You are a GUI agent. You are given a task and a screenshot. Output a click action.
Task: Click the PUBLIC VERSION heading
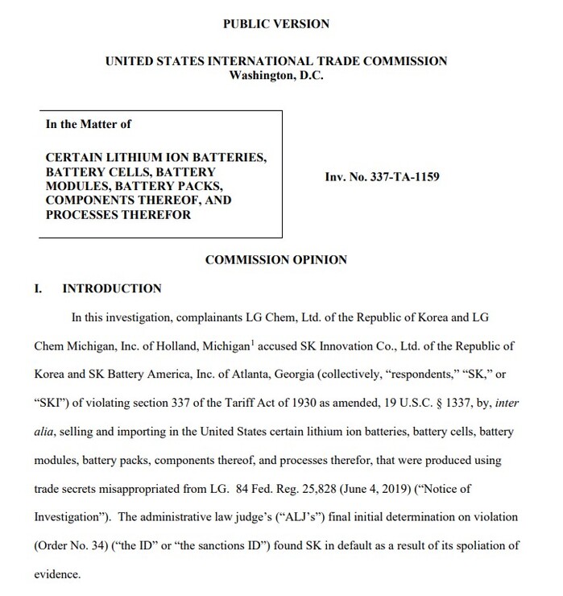tap(275, 24)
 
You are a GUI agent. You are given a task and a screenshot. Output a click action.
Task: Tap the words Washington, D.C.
tap(275, 76)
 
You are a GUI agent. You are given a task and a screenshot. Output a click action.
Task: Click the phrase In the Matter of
tap(89, 124)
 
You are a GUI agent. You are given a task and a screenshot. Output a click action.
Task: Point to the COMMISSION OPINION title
tap(276, 259)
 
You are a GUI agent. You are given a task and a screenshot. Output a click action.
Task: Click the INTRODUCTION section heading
tap(112, 288)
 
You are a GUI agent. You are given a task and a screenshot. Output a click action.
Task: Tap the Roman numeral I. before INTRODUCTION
tap(38, 288)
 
